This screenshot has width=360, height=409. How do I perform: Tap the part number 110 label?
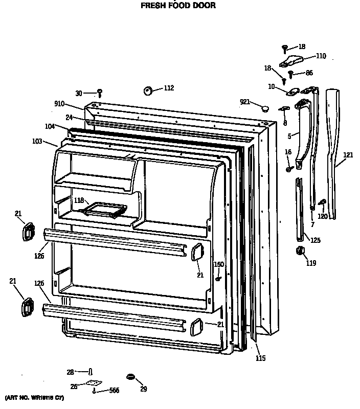pos(321,56)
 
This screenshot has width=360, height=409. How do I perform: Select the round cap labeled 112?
pos(149,90)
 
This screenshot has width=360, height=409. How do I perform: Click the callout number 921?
pos(245,102)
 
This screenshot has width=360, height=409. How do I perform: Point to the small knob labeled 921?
pos(264,108)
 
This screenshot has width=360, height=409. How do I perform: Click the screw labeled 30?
pos(100,93)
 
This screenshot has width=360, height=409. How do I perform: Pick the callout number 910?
pos(59,104)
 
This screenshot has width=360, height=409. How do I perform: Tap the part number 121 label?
pos(348,155)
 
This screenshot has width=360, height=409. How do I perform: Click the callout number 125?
pos(316,240)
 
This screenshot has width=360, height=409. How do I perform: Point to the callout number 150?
pos(219,264)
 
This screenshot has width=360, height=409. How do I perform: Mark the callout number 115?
pos(261,358)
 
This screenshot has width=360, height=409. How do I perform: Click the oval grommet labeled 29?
pos(130,377)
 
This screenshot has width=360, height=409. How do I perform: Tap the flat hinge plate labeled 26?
pos(92,382)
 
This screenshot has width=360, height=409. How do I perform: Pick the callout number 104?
pos(50,125)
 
